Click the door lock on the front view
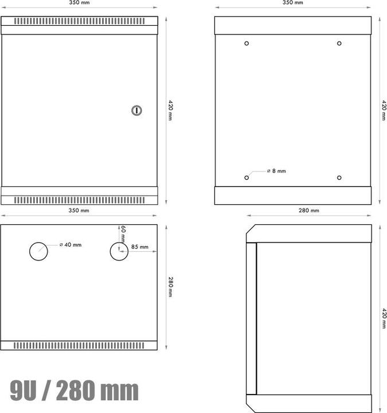[x=136, y=110]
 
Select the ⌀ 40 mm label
[x=71, y=245]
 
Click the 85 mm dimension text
[x=139, y=247]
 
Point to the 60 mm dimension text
[x=123, y=233]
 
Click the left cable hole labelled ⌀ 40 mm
[x=39, y=251]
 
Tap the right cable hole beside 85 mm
[x=119, y=251]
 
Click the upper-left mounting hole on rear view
[x=247, y=43]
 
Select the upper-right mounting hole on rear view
[x=339, y=43]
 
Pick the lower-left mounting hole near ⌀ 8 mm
[x=247, y=177]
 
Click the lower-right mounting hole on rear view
[x=339, y=177]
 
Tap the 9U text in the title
[x=26, y=391]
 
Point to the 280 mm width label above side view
[x=309, y=211]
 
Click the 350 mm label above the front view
[x=79, y=3]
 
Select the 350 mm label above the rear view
[x=293, y=3]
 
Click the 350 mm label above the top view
[x=79, y=211]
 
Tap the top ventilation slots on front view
[x=79, y=21]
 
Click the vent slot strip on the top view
[x=79, y=346]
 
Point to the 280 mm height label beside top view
[x=170, y=287]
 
